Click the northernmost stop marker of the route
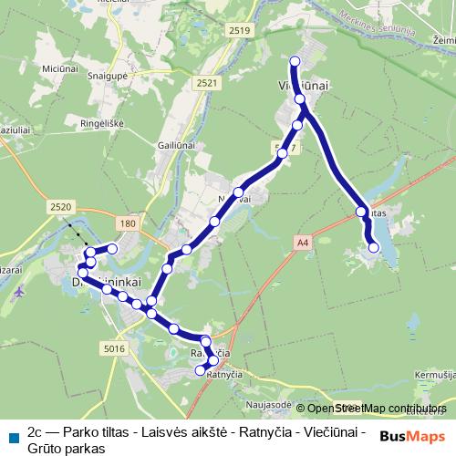pyautogui.click(x=295, y=61)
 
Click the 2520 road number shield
pyautogui.click(x=62, y=208)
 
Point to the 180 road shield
pyautogui.click(x=126, y=223)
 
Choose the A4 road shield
pyautogui.click(x=303, y=242)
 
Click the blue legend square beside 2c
pyautogui.click(x=14, y=433)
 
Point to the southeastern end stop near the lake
pyautogui.click(x=373, y=247)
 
